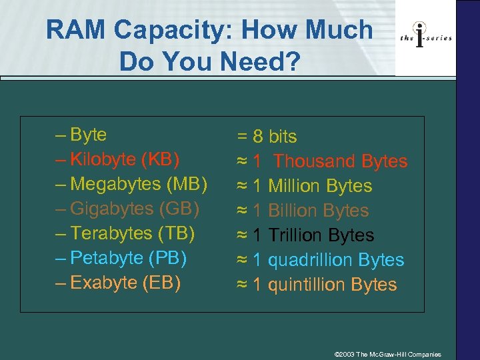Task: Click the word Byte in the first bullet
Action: coord(88,135)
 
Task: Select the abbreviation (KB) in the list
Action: coord(161,159)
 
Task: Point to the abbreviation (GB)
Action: coord(179,209)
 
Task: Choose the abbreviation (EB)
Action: coord(161,283)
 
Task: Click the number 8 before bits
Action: coord(257,137)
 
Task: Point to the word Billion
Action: coord(292,211)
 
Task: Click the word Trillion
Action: coord(294,235)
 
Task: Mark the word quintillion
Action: coord(307,285)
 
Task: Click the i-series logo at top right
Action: coord(425,37)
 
